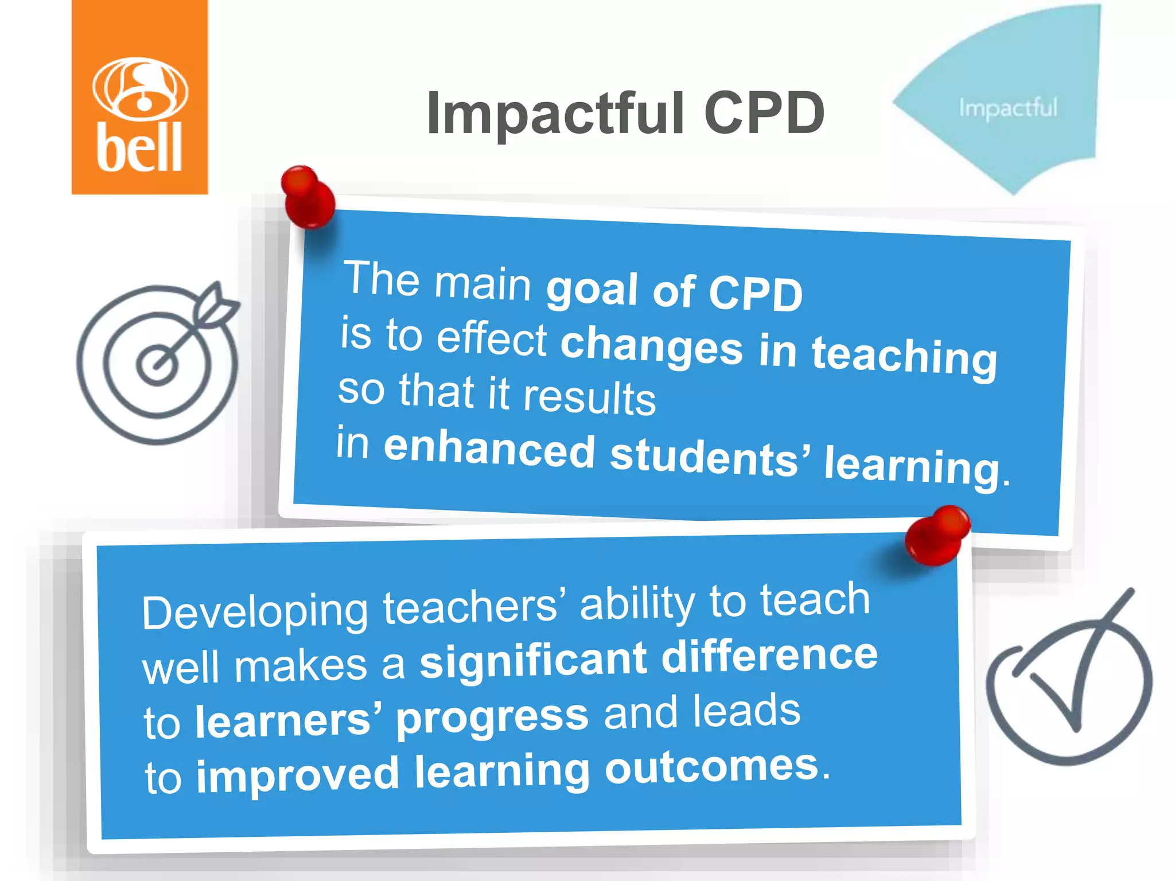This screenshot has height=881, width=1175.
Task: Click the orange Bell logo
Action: click(139, 98)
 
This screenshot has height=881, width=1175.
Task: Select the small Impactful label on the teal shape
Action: click(1007, 108)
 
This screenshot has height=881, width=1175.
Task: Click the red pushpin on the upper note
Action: click(308, 196)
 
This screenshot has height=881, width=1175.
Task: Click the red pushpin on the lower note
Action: click(937, 535)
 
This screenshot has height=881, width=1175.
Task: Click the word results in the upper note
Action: click(589, 397)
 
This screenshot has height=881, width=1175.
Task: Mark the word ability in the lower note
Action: click(637, 603)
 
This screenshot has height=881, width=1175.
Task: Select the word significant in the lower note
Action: click(534, 661)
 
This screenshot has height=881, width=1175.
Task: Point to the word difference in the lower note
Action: click(769, 655)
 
